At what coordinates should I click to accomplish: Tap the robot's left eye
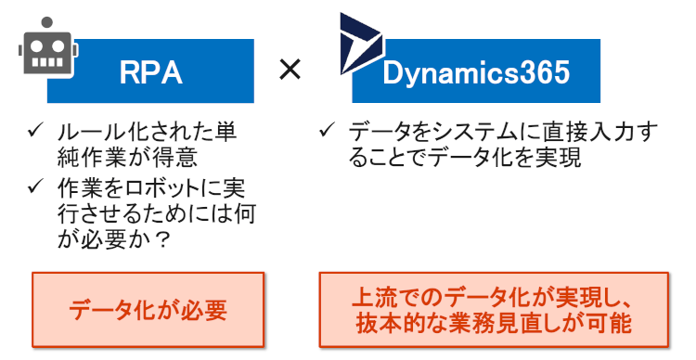coord(37,45)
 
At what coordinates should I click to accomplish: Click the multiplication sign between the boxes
coord(290,70)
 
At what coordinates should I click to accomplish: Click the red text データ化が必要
coord(148,310)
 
